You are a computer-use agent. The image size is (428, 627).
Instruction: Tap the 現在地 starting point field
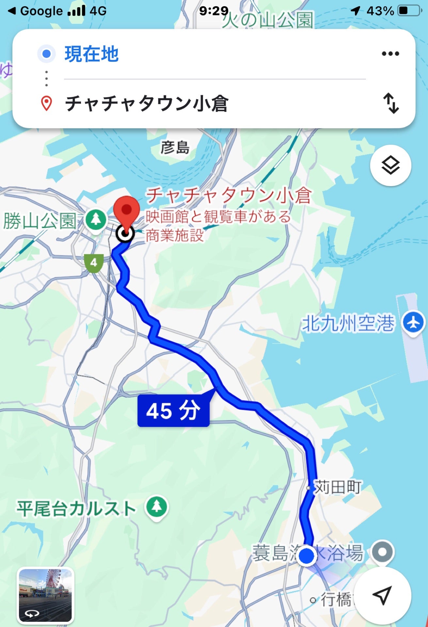pos(91,54)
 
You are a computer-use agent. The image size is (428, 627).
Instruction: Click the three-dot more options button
pos(390,54)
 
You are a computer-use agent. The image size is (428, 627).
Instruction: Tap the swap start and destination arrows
pos(391,103)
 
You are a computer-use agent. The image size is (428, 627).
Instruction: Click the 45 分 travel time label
pos(173,411)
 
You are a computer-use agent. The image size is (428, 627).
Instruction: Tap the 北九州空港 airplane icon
pos(414,323)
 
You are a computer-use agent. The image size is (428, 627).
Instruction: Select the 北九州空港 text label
pos(348,324)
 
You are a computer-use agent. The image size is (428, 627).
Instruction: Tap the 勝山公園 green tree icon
pos(96,219)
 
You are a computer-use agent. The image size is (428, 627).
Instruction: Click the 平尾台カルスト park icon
pos(157,507)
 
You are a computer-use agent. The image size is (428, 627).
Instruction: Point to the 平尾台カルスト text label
pos(76,509)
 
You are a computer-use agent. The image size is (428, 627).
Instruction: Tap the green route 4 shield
pos(94,263)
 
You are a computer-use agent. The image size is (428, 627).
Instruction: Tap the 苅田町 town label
pos(337,487)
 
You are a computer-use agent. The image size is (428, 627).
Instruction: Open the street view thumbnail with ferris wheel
pos(45,595)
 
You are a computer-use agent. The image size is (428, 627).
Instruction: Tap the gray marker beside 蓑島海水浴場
pos(382,552)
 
